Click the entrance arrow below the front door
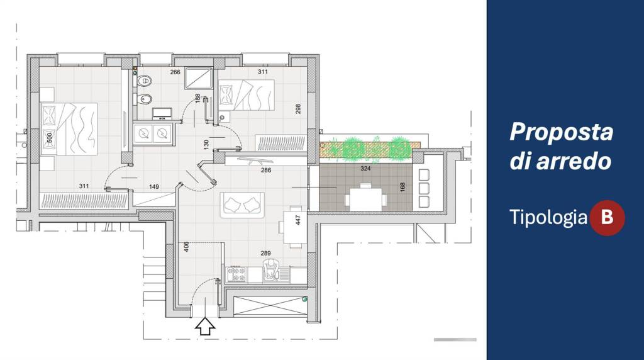pos(205,326)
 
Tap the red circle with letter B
pos(607,217)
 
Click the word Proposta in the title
pos(561,132)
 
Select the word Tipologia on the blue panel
pos(548,217)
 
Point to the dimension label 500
pos(49,138)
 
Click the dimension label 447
pos(298,220)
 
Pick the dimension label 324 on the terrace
pos(365,169)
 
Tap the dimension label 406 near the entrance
pos(186,247)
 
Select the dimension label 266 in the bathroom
pos(175,72)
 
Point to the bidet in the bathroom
pos(144,99)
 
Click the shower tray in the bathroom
pos(198,78)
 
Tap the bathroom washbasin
pos(162,113)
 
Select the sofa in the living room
pos(242,205)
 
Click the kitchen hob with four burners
pos(236,274)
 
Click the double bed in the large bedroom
pos(69,129)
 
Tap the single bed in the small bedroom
pos(247,95)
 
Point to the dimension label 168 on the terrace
pos(402,187)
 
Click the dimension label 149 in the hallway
pos(154,186)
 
